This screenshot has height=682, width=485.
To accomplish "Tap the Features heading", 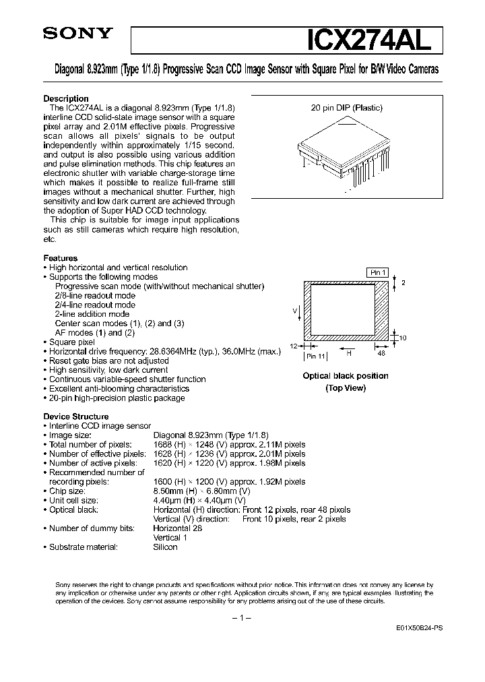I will pos(60,258).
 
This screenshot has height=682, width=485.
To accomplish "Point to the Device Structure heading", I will pos(76,416).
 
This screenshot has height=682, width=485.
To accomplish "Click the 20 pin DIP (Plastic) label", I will pos(348,108).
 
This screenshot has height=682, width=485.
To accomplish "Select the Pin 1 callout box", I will pos(377,272).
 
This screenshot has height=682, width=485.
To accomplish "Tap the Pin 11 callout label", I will pos(315,355).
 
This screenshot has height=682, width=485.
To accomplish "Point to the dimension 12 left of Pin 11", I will pos(294,344).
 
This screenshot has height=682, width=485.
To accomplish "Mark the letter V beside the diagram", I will pos(294,310).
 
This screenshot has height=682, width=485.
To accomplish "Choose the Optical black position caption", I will pos(345,376).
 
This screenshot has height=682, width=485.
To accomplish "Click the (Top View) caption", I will pos(345,388).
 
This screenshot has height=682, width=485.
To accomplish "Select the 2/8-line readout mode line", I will pos(95,295).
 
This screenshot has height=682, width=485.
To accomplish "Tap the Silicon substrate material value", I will pos(165,547).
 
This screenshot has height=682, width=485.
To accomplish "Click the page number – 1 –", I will pos(241,618).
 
